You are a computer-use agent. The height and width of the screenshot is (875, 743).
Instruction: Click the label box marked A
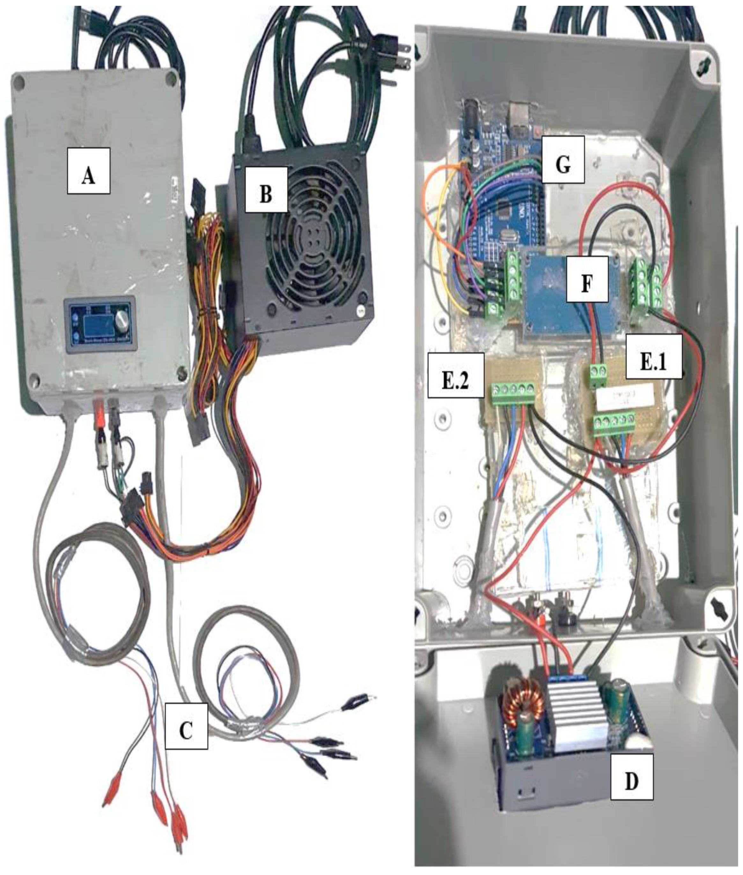click(88, 170)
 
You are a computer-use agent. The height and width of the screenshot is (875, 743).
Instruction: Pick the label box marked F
click(587, 279)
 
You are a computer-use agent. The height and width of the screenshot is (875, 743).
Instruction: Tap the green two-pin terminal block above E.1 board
click(598, 372)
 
